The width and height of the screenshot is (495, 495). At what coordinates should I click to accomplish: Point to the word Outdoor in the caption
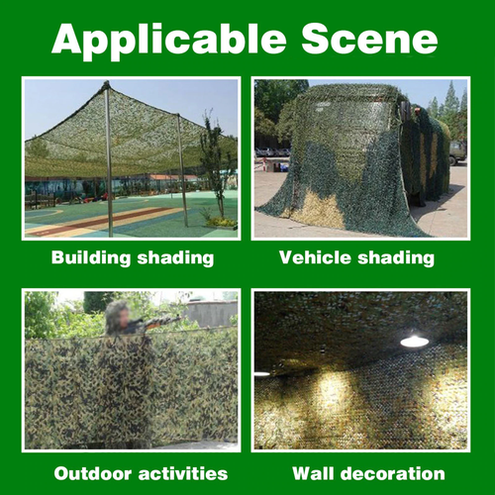[x=95, y=473]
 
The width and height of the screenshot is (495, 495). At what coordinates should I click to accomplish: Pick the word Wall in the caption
[x=319, y=473]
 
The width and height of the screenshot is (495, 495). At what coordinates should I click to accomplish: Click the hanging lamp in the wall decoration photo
[x=414, y=341]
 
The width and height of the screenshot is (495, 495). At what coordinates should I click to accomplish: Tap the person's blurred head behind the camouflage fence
[x=118, y=315]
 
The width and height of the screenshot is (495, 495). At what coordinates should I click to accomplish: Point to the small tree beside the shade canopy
[x=214, y=168]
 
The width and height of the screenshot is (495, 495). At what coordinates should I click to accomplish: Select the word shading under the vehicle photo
[x=396, y=258]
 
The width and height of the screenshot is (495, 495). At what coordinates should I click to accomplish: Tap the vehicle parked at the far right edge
[x=458, y=151]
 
